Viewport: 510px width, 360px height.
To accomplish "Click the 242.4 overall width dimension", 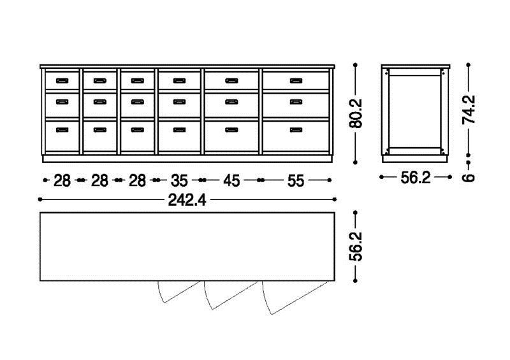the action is (187, 200).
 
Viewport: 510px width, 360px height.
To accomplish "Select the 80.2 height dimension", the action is (355, 113).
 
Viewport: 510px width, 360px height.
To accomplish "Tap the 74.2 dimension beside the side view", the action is (469, 109).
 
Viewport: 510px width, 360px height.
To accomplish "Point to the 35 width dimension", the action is (179, 180).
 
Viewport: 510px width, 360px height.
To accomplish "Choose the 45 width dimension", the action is (231, 180).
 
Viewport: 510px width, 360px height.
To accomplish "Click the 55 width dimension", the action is (296, 180).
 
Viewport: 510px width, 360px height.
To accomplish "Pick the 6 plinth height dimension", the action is (469, 178).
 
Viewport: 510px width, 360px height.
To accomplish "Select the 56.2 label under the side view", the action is (416, 178).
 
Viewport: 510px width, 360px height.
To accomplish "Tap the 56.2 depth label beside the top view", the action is (355, 247).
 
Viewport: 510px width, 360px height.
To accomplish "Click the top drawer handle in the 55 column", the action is (296, 81).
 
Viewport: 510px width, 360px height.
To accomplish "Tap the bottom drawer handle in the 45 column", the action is (231, 130).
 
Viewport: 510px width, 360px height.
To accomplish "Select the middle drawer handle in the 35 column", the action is (179, 102).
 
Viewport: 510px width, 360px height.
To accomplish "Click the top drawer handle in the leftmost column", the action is (62, 81).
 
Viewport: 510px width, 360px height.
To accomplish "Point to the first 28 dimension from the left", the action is (62, 180).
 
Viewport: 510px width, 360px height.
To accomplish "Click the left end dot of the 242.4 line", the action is (40, 199).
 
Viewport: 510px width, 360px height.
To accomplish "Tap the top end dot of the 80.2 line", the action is (355, 65).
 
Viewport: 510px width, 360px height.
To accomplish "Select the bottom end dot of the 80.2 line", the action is (355, 162).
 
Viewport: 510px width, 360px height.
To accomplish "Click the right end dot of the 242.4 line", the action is (335, 199).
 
